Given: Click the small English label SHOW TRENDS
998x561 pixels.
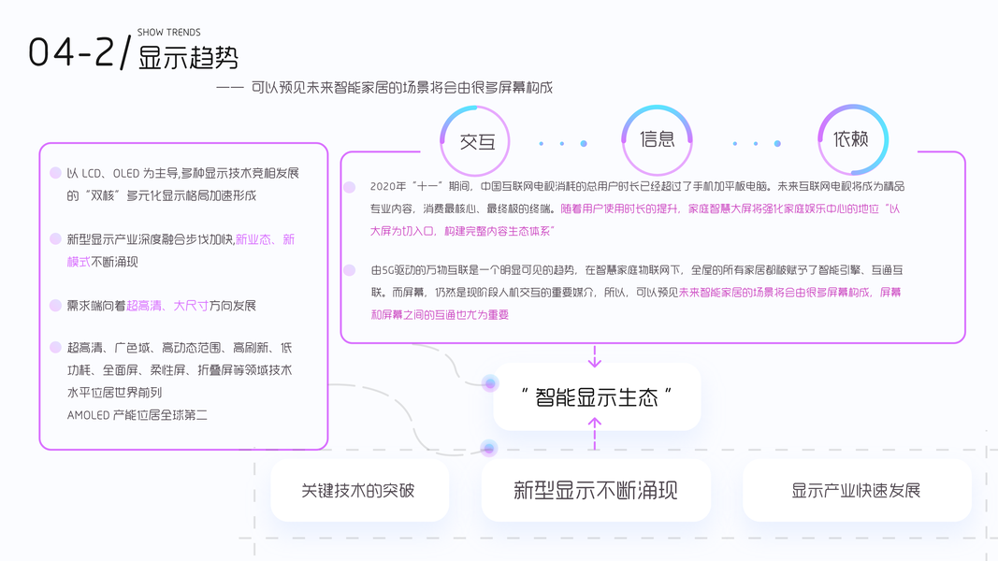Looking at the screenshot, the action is (168, 33).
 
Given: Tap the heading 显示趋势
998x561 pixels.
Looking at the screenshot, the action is (188, 58).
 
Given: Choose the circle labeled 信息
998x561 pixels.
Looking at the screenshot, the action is (657, 139).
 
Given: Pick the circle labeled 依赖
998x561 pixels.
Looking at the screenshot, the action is (851, 139).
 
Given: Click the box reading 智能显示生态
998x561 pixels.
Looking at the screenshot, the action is (597, 396).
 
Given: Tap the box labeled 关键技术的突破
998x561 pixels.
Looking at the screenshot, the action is (358, 491).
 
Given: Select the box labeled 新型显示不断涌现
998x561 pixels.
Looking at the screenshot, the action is (596, 491).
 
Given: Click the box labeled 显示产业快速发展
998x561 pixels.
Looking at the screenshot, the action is (856, 491).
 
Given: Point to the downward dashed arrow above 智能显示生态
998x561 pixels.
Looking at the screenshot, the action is (595, 355).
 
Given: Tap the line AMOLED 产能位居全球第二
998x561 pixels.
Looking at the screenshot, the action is (137, 414).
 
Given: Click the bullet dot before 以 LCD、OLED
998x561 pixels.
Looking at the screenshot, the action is (55, 174).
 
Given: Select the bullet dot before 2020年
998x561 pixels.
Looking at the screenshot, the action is (350, 187).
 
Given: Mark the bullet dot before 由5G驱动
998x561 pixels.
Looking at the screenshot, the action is (350, 270).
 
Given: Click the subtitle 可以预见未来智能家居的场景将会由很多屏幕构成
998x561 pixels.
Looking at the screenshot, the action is (402, 89).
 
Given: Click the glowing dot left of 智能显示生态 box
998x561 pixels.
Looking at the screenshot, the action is (488, 382).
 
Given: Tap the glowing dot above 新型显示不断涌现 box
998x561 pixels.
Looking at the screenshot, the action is (487, 449).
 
